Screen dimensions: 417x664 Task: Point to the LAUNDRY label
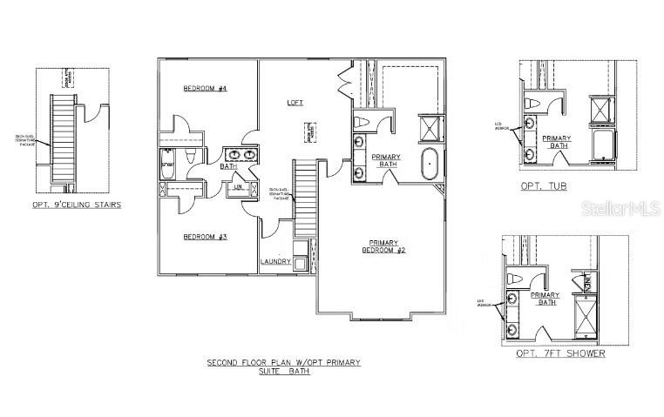pos(275,261)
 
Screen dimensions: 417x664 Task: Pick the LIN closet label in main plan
pos(237,186)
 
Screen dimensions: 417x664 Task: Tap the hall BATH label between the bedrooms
pos(229,166)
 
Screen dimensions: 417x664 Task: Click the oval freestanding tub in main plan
pos(430,165)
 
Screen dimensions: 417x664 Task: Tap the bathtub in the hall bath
pos(168,165)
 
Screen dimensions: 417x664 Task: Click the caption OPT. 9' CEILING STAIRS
pos(73,205)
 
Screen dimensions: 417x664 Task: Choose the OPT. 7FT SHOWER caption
pos(560,353)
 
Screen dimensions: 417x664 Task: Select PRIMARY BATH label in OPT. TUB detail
pos(558,143)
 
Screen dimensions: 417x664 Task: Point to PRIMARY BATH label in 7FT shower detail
pos(548,299)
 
